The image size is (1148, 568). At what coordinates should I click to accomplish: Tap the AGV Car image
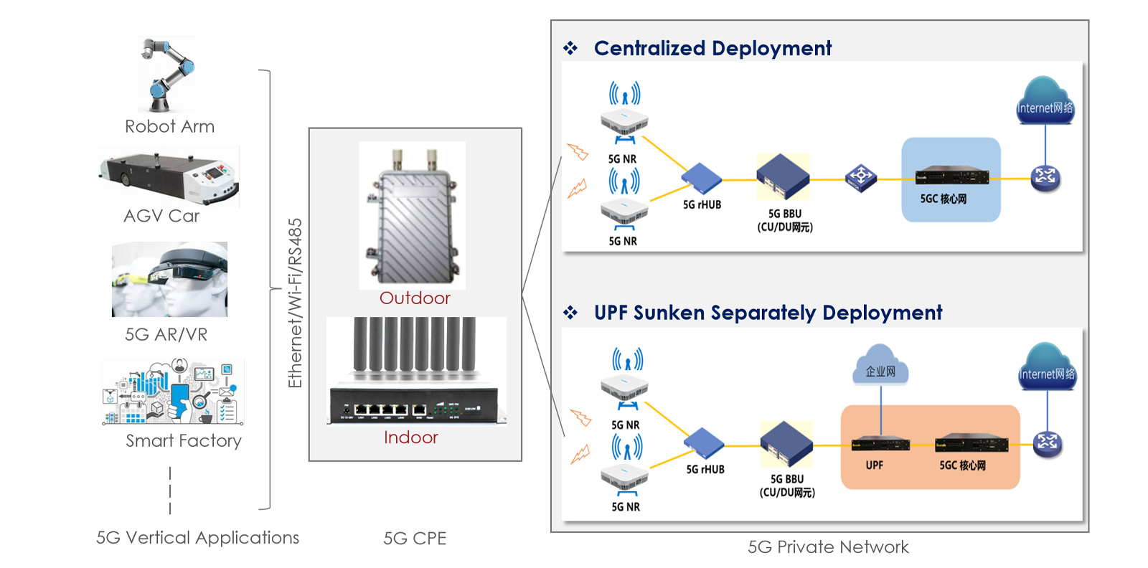pyautogui.click(x=169, y=176)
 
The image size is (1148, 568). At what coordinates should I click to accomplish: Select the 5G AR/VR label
pyautogui.click(x=166, y=334)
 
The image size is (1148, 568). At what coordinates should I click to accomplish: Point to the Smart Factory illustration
pyautogui.click(x=174, y=392)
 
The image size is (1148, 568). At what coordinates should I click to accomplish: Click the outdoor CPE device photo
pyautogui.click(x=412, y=215)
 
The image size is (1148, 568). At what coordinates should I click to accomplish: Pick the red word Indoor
pyautogui.click(x=410, y=437)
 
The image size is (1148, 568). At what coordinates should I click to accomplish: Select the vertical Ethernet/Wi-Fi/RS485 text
pyautogui.click(x=295, y=303)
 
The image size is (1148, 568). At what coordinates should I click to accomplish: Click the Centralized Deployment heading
pyautogui.click(x=712, y=48)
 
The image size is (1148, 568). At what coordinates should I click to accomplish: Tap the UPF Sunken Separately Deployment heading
pyautogui.click(x=768, y=313)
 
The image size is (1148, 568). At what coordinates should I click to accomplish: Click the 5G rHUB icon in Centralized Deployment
pyautogui.click(x=701, y=179)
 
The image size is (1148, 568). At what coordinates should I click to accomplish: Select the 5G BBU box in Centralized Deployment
pyautogui.click(x=783, y=176)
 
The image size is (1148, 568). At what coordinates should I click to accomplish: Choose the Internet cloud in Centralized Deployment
pyautogui.click(x=1045, y=102)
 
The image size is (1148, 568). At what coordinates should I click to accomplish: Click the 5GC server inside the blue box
pyautogui.click(x=951, y=176)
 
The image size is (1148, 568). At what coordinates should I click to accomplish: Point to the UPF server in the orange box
pyautogui.click(x=880, y=444)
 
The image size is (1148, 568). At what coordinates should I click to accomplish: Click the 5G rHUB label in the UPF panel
pyautogui.click(x=705, y=470)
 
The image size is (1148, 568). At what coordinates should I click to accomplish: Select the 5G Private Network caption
pyautogui.click(x=828, y=547)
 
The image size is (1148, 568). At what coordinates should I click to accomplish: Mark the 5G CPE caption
pyautogui.click(x=415, y=539)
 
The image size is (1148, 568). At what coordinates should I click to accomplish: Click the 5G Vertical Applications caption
pyautogui.click(x=197, y=538)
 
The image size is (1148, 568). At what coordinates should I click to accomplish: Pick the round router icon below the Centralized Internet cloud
pyautogui.click(x=1045, y=177)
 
